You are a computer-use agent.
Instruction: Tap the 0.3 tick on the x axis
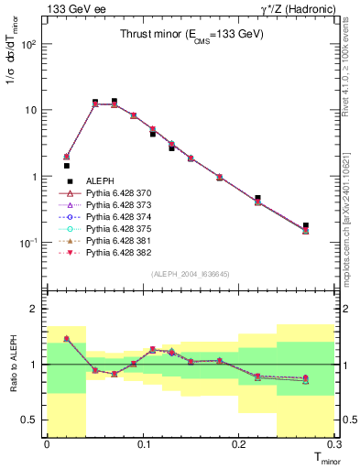[x=335, y=444]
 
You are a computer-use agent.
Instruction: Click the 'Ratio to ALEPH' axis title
[x=14, y=365]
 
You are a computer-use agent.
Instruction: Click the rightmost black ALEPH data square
[x=306, y=225]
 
